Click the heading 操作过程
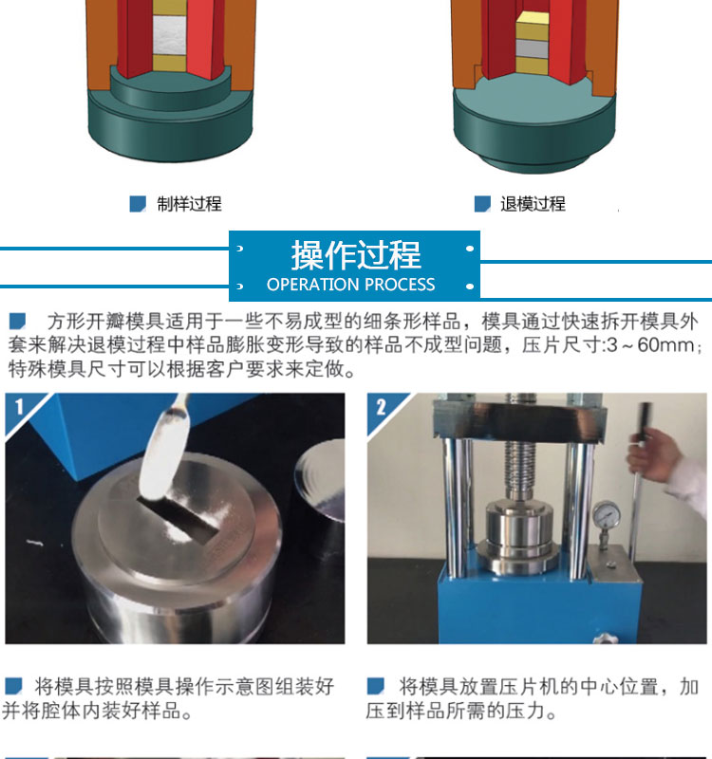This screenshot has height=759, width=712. tap(356, 255)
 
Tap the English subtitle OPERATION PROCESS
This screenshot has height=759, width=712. tap(350, 285)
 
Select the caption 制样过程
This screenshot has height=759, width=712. tap(189, 204)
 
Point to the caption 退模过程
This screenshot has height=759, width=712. tap(533, 204)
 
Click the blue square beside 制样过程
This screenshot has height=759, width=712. tap(138, 204)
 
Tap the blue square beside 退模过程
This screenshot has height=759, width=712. tap(482, 204)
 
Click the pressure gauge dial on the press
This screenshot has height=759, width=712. tap(606, 515)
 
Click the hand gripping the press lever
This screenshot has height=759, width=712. tap(649, 455)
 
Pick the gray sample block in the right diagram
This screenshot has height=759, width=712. tap(532, 48)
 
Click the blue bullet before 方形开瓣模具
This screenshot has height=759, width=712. tap(17, 322)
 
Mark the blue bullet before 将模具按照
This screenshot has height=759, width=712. tap(13, 686)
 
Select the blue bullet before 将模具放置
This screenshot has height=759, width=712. tap(375, 686)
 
